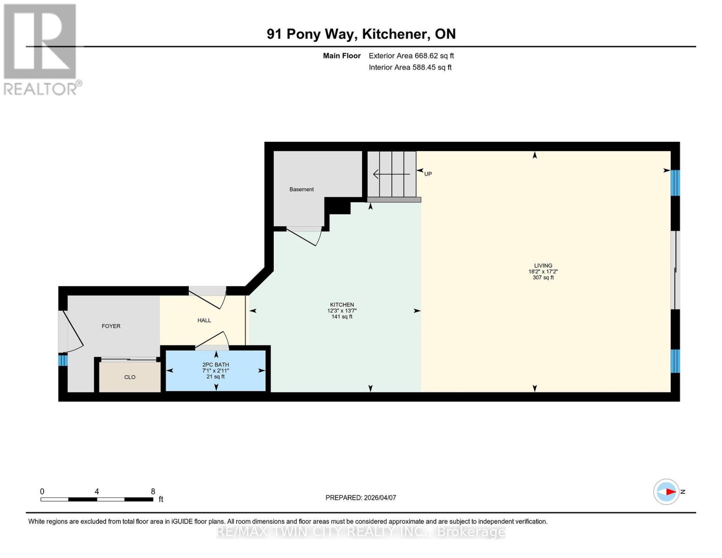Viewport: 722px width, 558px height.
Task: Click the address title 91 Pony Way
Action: point(361,34)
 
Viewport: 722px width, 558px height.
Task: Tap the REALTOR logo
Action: point(41,49)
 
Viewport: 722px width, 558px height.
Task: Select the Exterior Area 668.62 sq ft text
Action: point(411,56)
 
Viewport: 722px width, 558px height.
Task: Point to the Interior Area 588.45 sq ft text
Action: point(410,67)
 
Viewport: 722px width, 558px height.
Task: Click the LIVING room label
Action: point(543,266)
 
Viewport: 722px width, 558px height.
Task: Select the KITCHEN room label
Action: point(342,305)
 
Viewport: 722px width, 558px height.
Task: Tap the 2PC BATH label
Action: point(216,365)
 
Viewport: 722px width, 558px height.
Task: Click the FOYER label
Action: point(111,326)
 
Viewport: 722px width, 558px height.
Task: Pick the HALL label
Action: point(204,320)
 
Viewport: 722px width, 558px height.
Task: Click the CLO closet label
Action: point(130,377)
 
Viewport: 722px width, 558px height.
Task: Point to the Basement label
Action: point(302,189)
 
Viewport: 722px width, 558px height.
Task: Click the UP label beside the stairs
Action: point(428,174)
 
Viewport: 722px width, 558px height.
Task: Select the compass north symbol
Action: point(667,492)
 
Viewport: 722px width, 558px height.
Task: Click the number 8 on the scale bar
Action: point(153,492)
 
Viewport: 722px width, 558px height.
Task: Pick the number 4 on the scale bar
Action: point(97,492)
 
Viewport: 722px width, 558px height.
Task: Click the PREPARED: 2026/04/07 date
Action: point(361,498)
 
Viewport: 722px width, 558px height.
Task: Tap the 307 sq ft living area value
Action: point(543,278)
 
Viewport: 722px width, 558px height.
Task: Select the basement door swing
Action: point(305,236)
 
